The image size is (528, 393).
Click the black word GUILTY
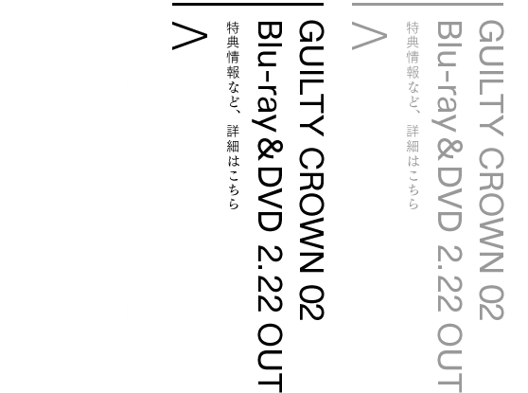311,79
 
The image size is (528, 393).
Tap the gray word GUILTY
491,79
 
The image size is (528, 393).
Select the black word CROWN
311,210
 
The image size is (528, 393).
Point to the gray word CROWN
491,210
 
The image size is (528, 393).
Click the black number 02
311,303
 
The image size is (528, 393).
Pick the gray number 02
491,303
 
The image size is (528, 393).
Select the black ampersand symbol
271,152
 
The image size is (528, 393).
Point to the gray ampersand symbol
450,152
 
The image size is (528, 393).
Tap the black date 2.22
271,278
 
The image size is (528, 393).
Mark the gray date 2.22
450,278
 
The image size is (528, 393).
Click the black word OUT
271,358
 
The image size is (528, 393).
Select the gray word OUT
450,358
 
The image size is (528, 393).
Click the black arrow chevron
189,36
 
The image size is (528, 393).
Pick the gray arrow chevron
369,36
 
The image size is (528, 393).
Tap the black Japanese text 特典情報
233,50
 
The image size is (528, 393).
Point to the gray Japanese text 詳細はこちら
413,168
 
